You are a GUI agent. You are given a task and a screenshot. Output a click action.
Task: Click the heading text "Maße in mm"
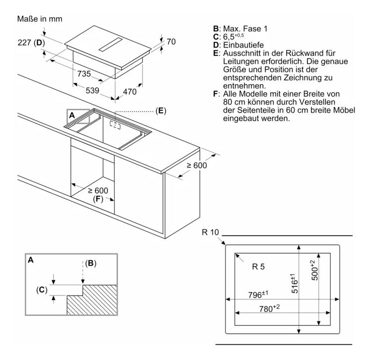[x=40, y=19]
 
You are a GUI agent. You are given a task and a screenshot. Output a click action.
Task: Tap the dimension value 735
[x=84, y=74]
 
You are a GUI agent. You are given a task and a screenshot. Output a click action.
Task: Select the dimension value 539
[x=92, y=91]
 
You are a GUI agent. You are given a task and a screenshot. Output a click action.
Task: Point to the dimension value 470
[x=130, y=92]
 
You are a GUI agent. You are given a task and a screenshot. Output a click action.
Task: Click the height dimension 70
[x=171, y=42]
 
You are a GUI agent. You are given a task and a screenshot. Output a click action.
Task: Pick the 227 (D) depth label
[x=31, y=43]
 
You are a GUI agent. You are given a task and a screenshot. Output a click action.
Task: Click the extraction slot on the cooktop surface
[x=110, y=44]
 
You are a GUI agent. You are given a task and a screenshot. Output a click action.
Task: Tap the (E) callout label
[x=161, y=110]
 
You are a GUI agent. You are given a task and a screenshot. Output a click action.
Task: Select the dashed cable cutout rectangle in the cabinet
[x=115, y=125]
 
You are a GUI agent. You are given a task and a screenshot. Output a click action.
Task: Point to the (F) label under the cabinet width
[x=98, y=199]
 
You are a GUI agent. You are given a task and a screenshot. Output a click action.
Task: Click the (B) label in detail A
[x=91, y=263]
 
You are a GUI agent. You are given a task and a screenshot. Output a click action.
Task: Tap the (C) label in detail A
[x=42, y=290]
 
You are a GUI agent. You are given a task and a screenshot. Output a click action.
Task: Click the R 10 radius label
[x=211, y=232]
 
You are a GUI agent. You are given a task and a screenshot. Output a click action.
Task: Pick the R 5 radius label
[x=258, y=267]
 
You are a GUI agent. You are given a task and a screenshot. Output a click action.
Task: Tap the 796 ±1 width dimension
[x=258, y=295]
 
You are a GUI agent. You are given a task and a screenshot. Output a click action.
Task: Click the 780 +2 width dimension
[x=269, y=308]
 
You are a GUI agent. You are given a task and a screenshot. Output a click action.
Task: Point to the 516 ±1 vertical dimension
[x=294, y=283]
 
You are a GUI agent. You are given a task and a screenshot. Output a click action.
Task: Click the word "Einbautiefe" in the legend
[x=243, y=45]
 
